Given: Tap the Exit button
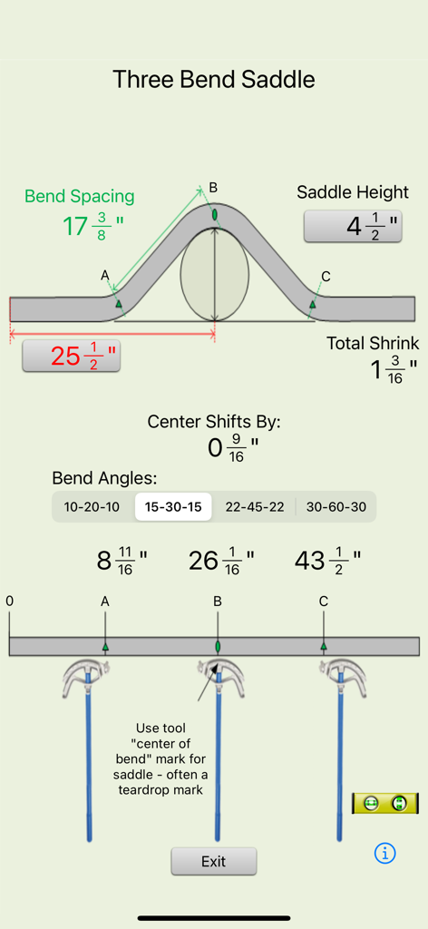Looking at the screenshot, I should point(213,861).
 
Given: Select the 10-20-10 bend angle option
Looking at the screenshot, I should point(92,506).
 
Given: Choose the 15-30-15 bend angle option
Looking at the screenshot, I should point(173,506).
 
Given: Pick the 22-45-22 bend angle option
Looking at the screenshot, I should point(254,506).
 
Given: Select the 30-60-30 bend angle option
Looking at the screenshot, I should point(336,506).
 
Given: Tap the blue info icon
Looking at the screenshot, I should point(385,853).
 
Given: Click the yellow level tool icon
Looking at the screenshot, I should point(385,803).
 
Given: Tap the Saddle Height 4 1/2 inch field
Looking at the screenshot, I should point(353,226).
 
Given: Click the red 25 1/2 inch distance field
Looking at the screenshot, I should point(71,356).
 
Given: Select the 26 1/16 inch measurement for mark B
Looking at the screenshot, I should point(221,561).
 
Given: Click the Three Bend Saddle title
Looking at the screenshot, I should point(214,79).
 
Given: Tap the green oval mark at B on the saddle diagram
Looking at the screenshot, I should point(215,215).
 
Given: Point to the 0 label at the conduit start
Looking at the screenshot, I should point(10,601).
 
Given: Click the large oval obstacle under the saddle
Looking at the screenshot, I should point(214,276).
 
